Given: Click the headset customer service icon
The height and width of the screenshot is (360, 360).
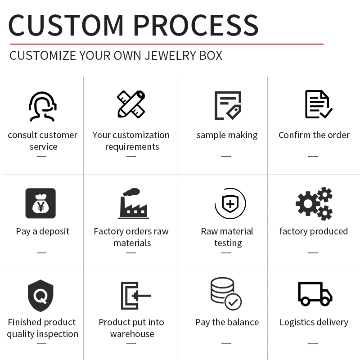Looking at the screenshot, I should point(42,106).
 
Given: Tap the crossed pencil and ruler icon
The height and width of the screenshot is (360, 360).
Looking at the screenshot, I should point(131,104).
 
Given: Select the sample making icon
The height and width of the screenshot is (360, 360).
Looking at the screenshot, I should point(227,105).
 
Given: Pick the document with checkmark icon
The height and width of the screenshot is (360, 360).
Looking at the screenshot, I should point(318,104).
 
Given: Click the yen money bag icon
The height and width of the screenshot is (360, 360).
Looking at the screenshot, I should point(40,203).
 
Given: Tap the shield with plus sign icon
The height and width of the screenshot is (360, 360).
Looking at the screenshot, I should point(230,204).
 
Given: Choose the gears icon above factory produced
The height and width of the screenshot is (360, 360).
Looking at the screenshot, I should point(314,204).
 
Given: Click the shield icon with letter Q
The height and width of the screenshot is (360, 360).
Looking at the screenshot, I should point(40,296).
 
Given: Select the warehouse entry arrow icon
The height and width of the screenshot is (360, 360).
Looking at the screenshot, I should point(135,296).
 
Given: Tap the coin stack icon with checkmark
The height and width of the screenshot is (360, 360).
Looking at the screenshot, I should point(226,294).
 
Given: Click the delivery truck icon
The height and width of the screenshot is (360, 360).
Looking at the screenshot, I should point(315,294).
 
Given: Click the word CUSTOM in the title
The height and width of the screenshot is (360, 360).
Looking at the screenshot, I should point(66,25).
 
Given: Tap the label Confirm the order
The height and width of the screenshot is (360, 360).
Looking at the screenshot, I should point(314,135).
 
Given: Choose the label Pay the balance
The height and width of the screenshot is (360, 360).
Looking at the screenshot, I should point(227,322).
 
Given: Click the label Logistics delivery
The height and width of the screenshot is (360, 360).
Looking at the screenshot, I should point(314,322).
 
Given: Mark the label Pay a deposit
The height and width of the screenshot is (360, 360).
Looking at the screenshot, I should point(43,231).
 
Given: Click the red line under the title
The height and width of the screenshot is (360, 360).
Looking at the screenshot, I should point(166,44).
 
